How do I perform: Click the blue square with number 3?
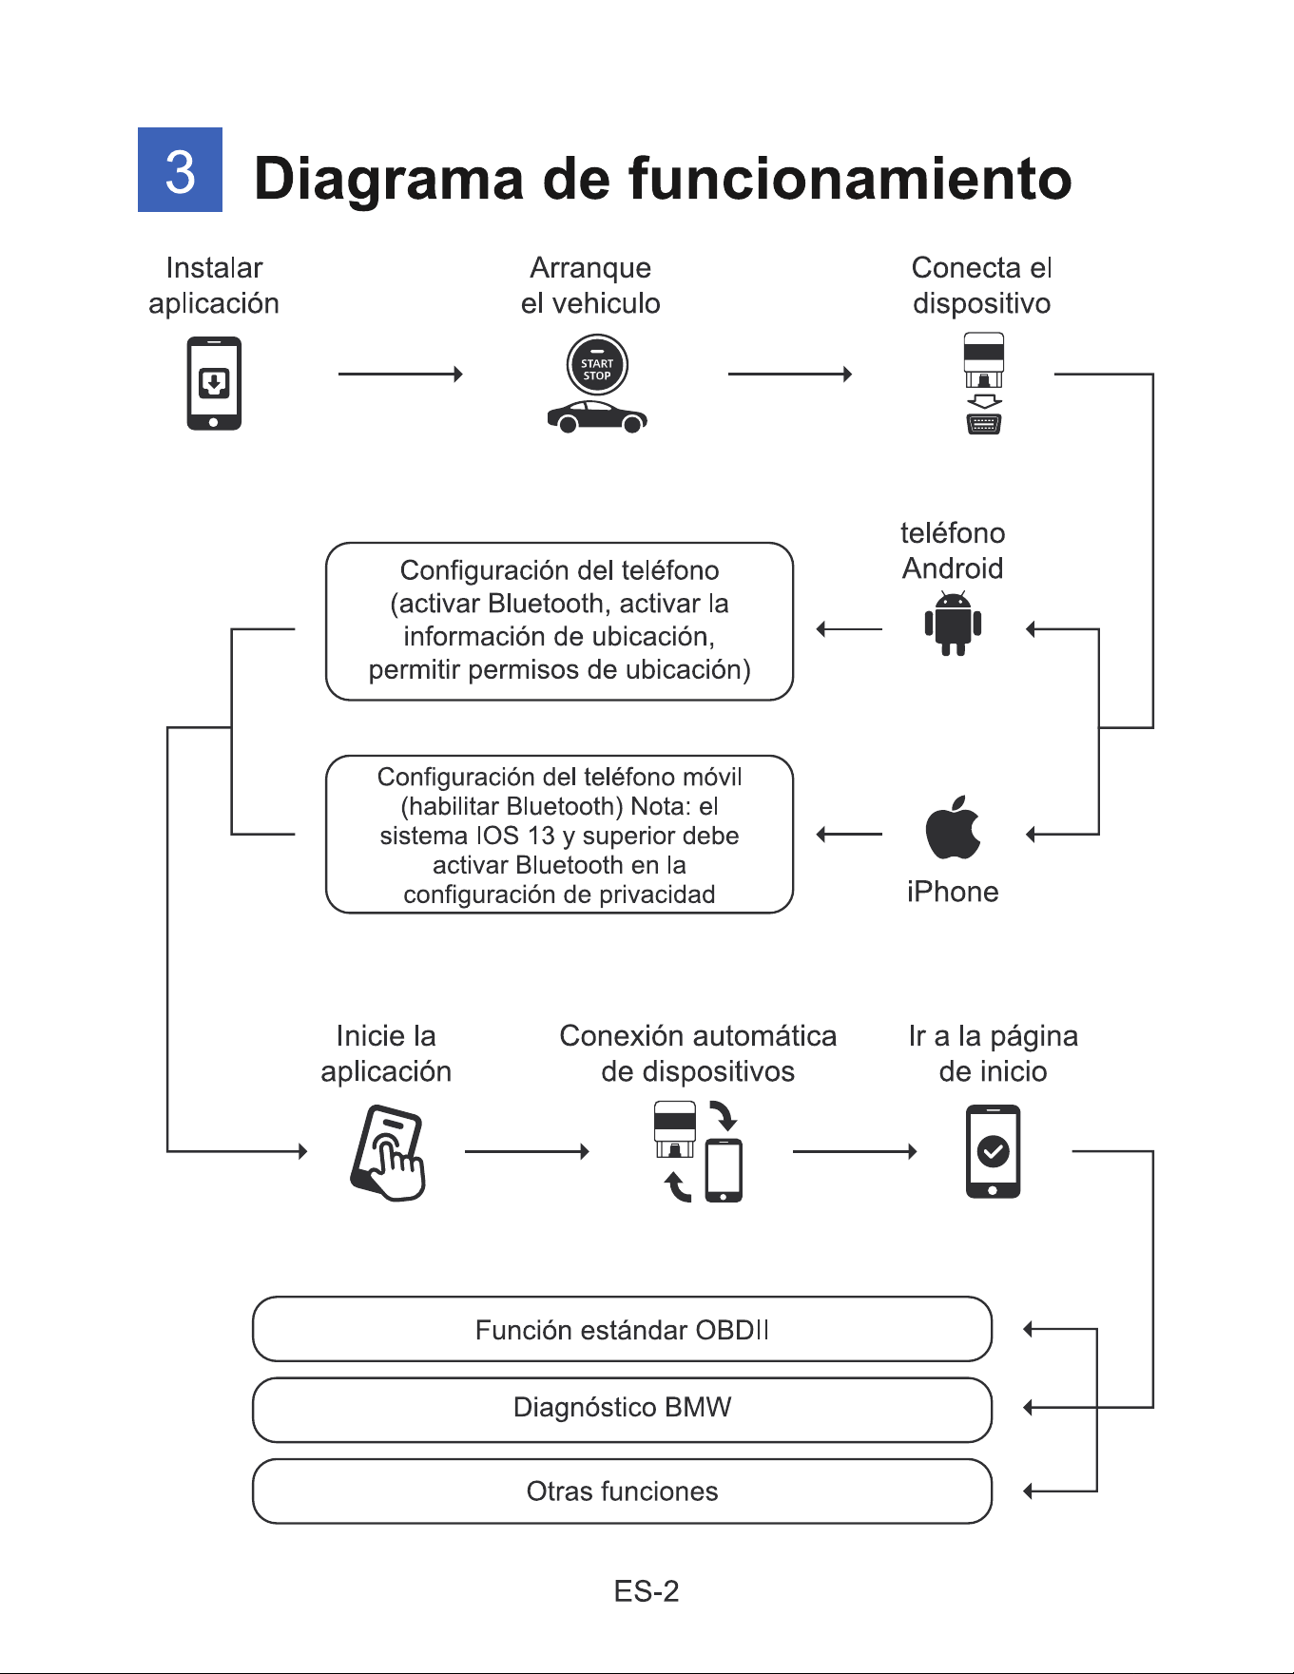[180, 169]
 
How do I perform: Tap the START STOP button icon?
[597, 366]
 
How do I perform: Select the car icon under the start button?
[597, 416]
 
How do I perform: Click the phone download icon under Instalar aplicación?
[214, 383]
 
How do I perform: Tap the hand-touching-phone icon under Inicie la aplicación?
[387, 1152]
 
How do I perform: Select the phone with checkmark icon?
[993, 1151]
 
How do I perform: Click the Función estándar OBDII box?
[622, 1329]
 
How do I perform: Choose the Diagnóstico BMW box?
[622, 1409]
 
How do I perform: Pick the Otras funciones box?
[622, 1491]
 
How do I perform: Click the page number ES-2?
[647, 1591]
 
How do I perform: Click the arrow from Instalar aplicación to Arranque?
[400, 375]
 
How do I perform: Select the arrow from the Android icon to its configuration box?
[849, 628]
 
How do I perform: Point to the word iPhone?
[953, 892]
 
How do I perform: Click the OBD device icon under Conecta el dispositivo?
[984, 383]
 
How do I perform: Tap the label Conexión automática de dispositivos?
[698, 1053]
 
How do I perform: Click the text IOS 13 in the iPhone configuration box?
[515, 836]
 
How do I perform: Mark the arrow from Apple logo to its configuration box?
[849, 835]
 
